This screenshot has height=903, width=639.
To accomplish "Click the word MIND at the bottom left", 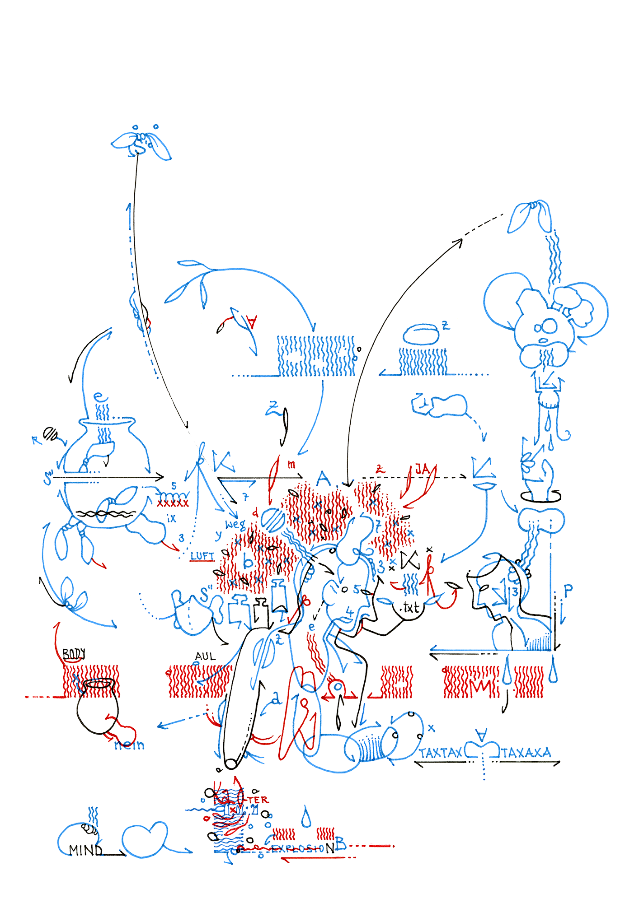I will [x=86, y=850].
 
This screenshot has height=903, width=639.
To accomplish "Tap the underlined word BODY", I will [x=74, y=654].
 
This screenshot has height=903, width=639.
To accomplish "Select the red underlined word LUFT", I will [x=202, y=556].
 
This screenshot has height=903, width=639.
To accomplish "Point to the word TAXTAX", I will [x=440, y=753].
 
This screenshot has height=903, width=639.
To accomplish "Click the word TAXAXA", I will [x=526, y=753].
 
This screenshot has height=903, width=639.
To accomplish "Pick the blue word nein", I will [x=129, y=745].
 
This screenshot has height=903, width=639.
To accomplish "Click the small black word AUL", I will [x=206, y=656].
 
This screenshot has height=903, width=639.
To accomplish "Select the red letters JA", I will [x=422, y=470].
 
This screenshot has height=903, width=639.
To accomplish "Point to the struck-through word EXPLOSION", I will [x=298, y=848].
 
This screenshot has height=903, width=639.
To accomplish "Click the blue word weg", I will [x=235, y=525].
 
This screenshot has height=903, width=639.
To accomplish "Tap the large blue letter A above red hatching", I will [x=323, y=478].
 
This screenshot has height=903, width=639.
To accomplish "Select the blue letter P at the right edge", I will [x=568, y=589].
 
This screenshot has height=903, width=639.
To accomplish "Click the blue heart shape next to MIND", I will [x=144, y=839].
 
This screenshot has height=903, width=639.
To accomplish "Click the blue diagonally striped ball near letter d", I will [x=273, y=520].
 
